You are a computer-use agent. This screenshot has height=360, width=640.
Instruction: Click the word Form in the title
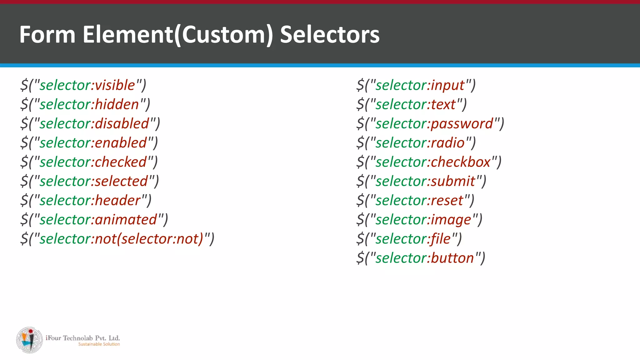click(x=47, y=34)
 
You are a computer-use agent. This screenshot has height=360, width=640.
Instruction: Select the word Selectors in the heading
click(x=330, y=34)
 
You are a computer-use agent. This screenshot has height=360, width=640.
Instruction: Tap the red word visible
click(x=115, y=85)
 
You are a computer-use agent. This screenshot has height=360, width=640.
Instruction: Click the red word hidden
click(x=117, y=104)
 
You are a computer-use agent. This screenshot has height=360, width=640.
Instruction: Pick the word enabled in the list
click(x=121, y=143)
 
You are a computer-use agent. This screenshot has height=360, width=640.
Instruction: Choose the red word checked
click(x=121, y=162)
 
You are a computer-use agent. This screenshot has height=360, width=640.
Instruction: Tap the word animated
click(x=126, y=220)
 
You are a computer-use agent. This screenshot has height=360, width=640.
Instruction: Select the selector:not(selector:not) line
click(x=117, y=239)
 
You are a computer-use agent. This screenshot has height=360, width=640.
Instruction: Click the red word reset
click(x=447, y=200)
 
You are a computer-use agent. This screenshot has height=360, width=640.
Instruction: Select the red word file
click(x=441, y=239)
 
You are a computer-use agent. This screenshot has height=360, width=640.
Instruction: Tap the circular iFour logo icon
click(x=30, y=340)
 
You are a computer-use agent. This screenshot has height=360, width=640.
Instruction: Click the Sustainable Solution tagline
click(x=99, y=344)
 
